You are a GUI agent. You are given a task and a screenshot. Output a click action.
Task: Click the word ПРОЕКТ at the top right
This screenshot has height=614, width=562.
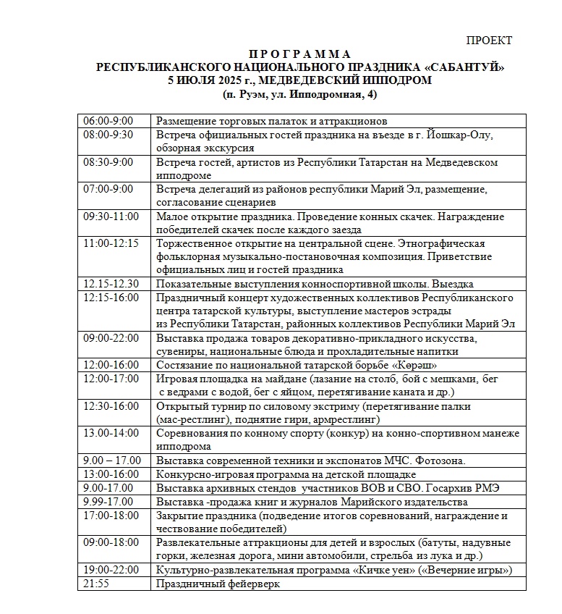[x=489, y=41]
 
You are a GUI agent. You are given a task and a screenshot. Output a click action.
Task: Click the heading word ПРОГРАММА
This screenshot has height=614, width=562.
[x=300, y=54]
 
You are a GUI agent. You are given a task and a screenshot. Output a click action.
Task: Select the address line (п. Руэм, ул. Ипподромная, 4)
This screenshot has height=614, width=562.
[x=300, y=94]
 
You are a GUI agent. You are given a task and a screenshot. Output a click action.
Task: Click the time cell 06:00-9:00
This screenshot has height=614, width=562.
[x=108, y=121]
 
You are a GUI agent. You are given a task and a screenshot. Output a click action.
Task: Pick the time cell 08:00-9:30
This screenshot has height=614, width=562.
[x=108, y=135]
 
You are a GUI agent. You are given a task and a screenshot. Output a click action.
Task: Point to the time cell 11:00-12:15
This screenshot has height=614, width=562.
[x=111, y=243]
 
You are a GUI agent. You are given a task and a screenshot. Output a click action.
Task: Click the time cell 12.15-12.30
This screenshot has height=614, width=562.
[x=111, y=284]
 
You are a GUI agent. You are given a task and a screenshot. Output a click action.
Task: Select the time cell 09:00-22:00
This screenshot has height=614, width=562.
[x=111, y=338]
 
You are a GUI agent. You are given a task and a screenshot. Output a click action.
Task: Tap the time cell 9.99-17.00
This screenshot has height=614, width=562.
[x=108, y=502]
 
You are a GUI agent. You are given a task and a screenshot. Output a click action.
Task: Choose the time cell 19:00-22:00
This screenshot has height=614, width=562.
[x=111, y=570]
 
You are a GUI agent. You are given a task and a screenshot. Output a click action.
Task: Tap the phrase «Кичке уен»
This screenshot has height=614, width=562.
[x=383, y=570]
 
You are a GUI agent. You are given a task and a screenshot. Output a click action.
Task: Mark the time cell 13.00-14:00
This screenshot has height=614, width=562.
[x=111, y=434]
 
